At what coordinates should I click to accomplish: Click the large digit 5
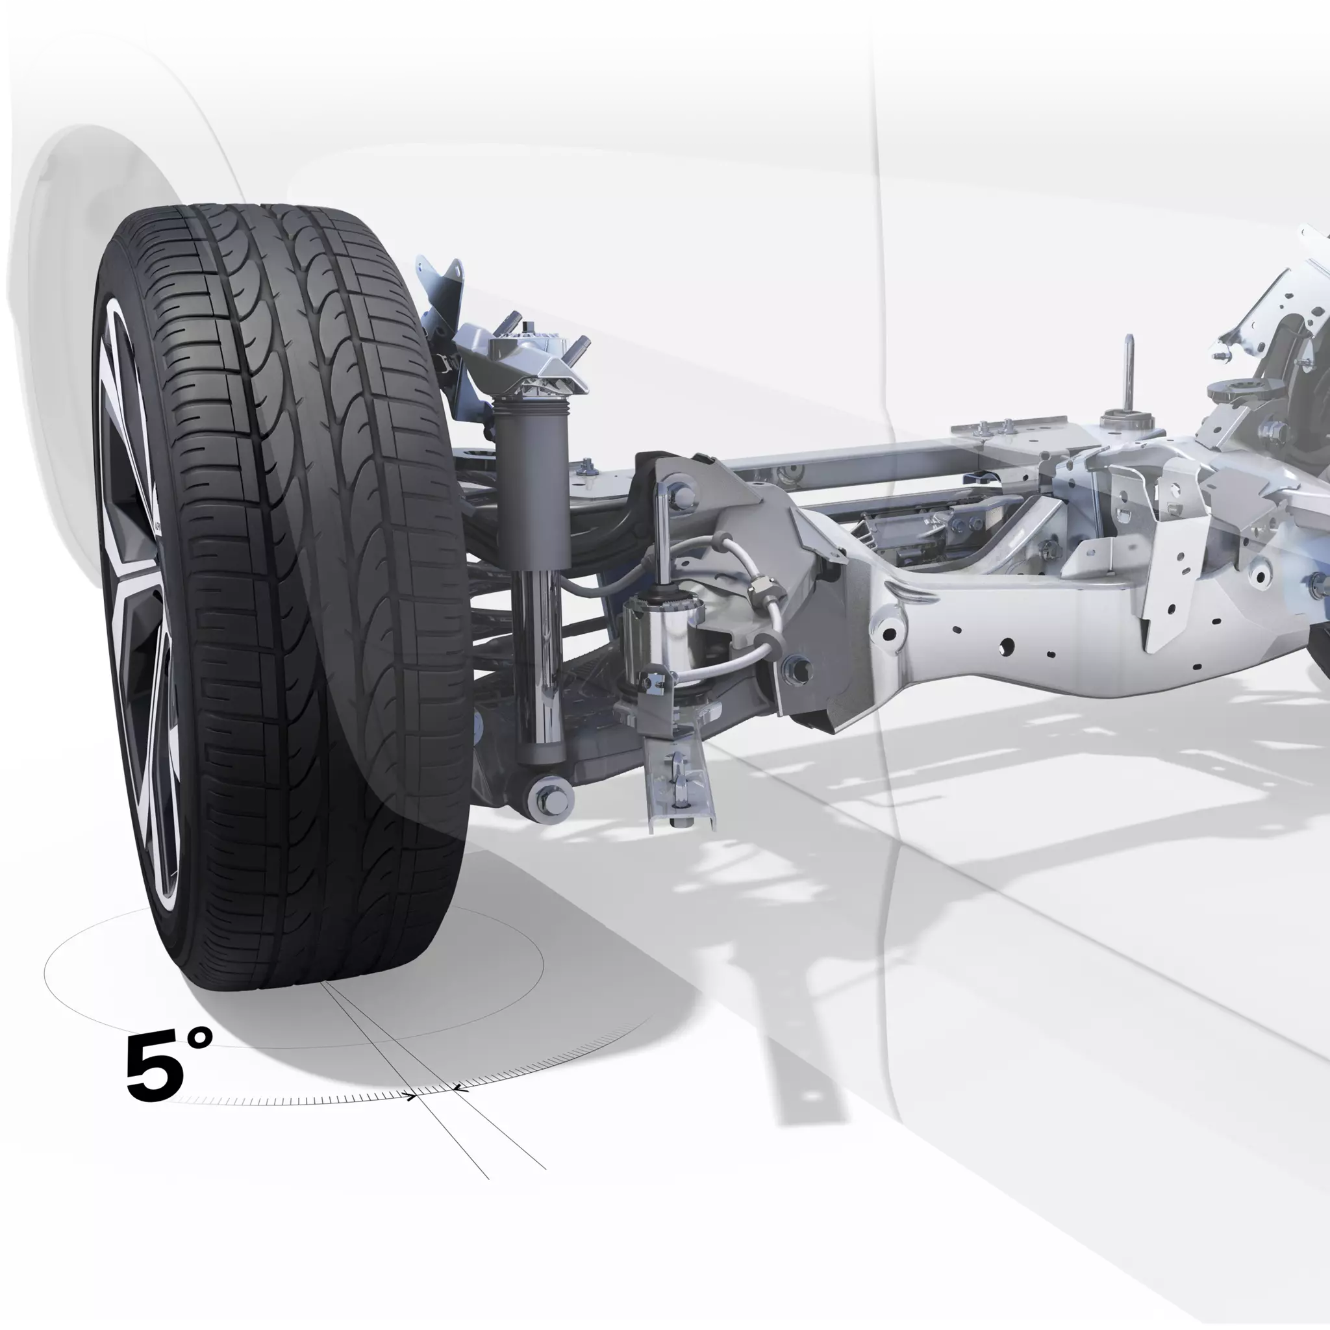click(156, 1065)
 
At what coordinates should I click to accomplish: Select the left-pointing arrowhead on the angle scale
click(459, 1088)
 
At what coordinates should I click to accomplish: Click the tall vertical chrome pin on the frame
click(1129, 372)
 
